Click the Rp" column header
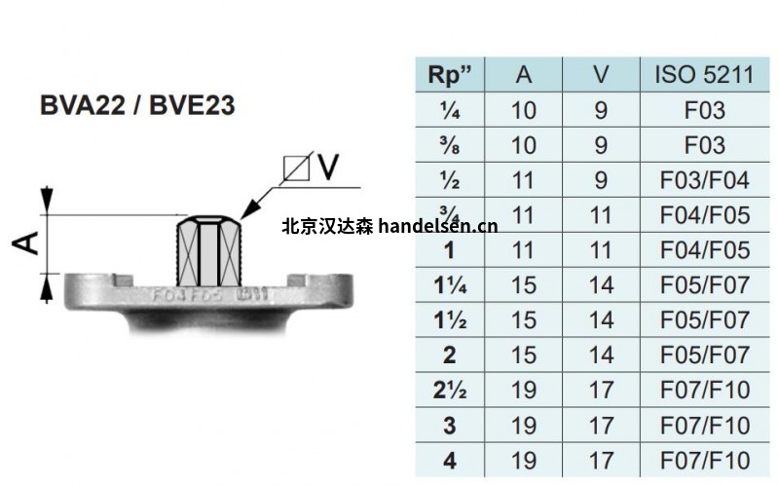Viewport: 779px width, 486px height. pos(449,76)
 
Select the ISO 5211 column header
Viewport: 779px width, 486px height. pos(704,76)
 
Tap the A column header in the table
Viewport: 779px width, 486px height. pos(523,76)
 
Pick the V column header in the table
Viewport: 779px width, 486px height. pos(601,76)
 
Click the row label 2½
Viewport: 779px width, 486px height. pos(449,391)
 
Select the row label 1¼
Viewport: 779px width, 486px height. pos(449,285)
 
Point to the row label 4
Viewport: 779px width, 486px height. pos(449,460)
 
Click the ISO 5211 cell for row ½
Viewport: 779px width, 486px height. pos(704,180)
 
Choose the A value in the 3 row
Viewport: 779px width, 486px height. pos(523,426)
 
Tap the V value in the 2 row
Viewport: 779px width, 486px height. pos(601,355)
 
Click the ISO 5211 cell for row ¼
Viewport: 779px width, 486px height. pos(704,110)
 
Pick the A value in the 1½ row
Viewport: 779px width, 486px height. pos(523,320)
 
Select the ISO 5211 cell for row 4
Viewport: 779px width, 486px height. pos(704,460)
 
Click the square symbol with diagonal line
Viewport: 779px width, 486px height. pos(296,168)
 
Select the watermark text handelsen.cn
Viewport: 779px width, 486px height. pos(436,227)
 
